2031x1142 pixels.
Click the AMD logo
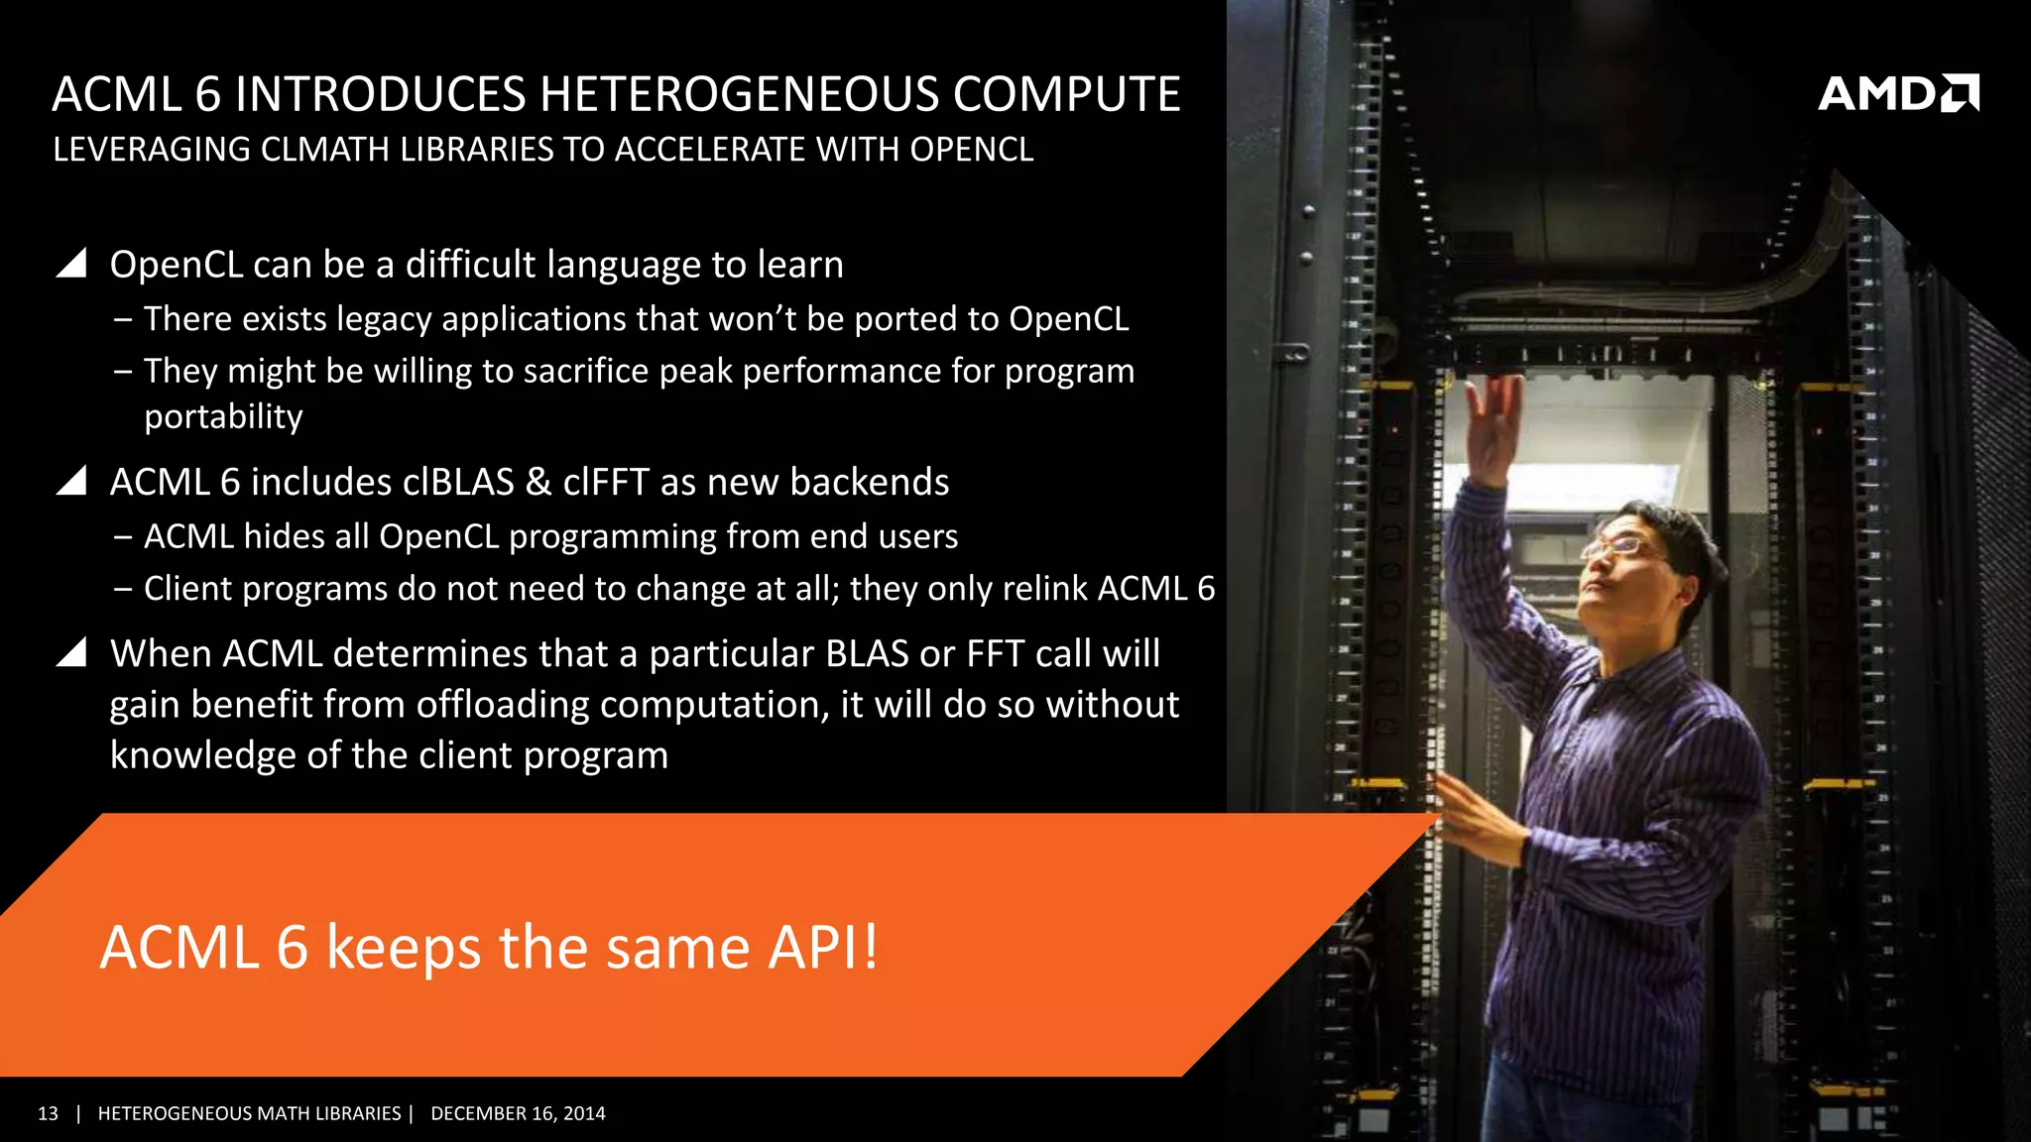1897,93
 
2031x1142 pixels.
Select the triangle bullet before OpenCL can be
71,263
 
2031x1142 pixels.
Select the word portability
223,416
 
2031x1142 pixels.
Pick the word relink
1044,589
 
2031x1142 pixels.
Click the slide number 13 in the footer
48,1113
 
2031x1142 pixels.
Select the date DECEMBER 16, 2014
518,1113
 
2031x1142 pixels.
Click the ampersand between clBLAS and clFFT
538,482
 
